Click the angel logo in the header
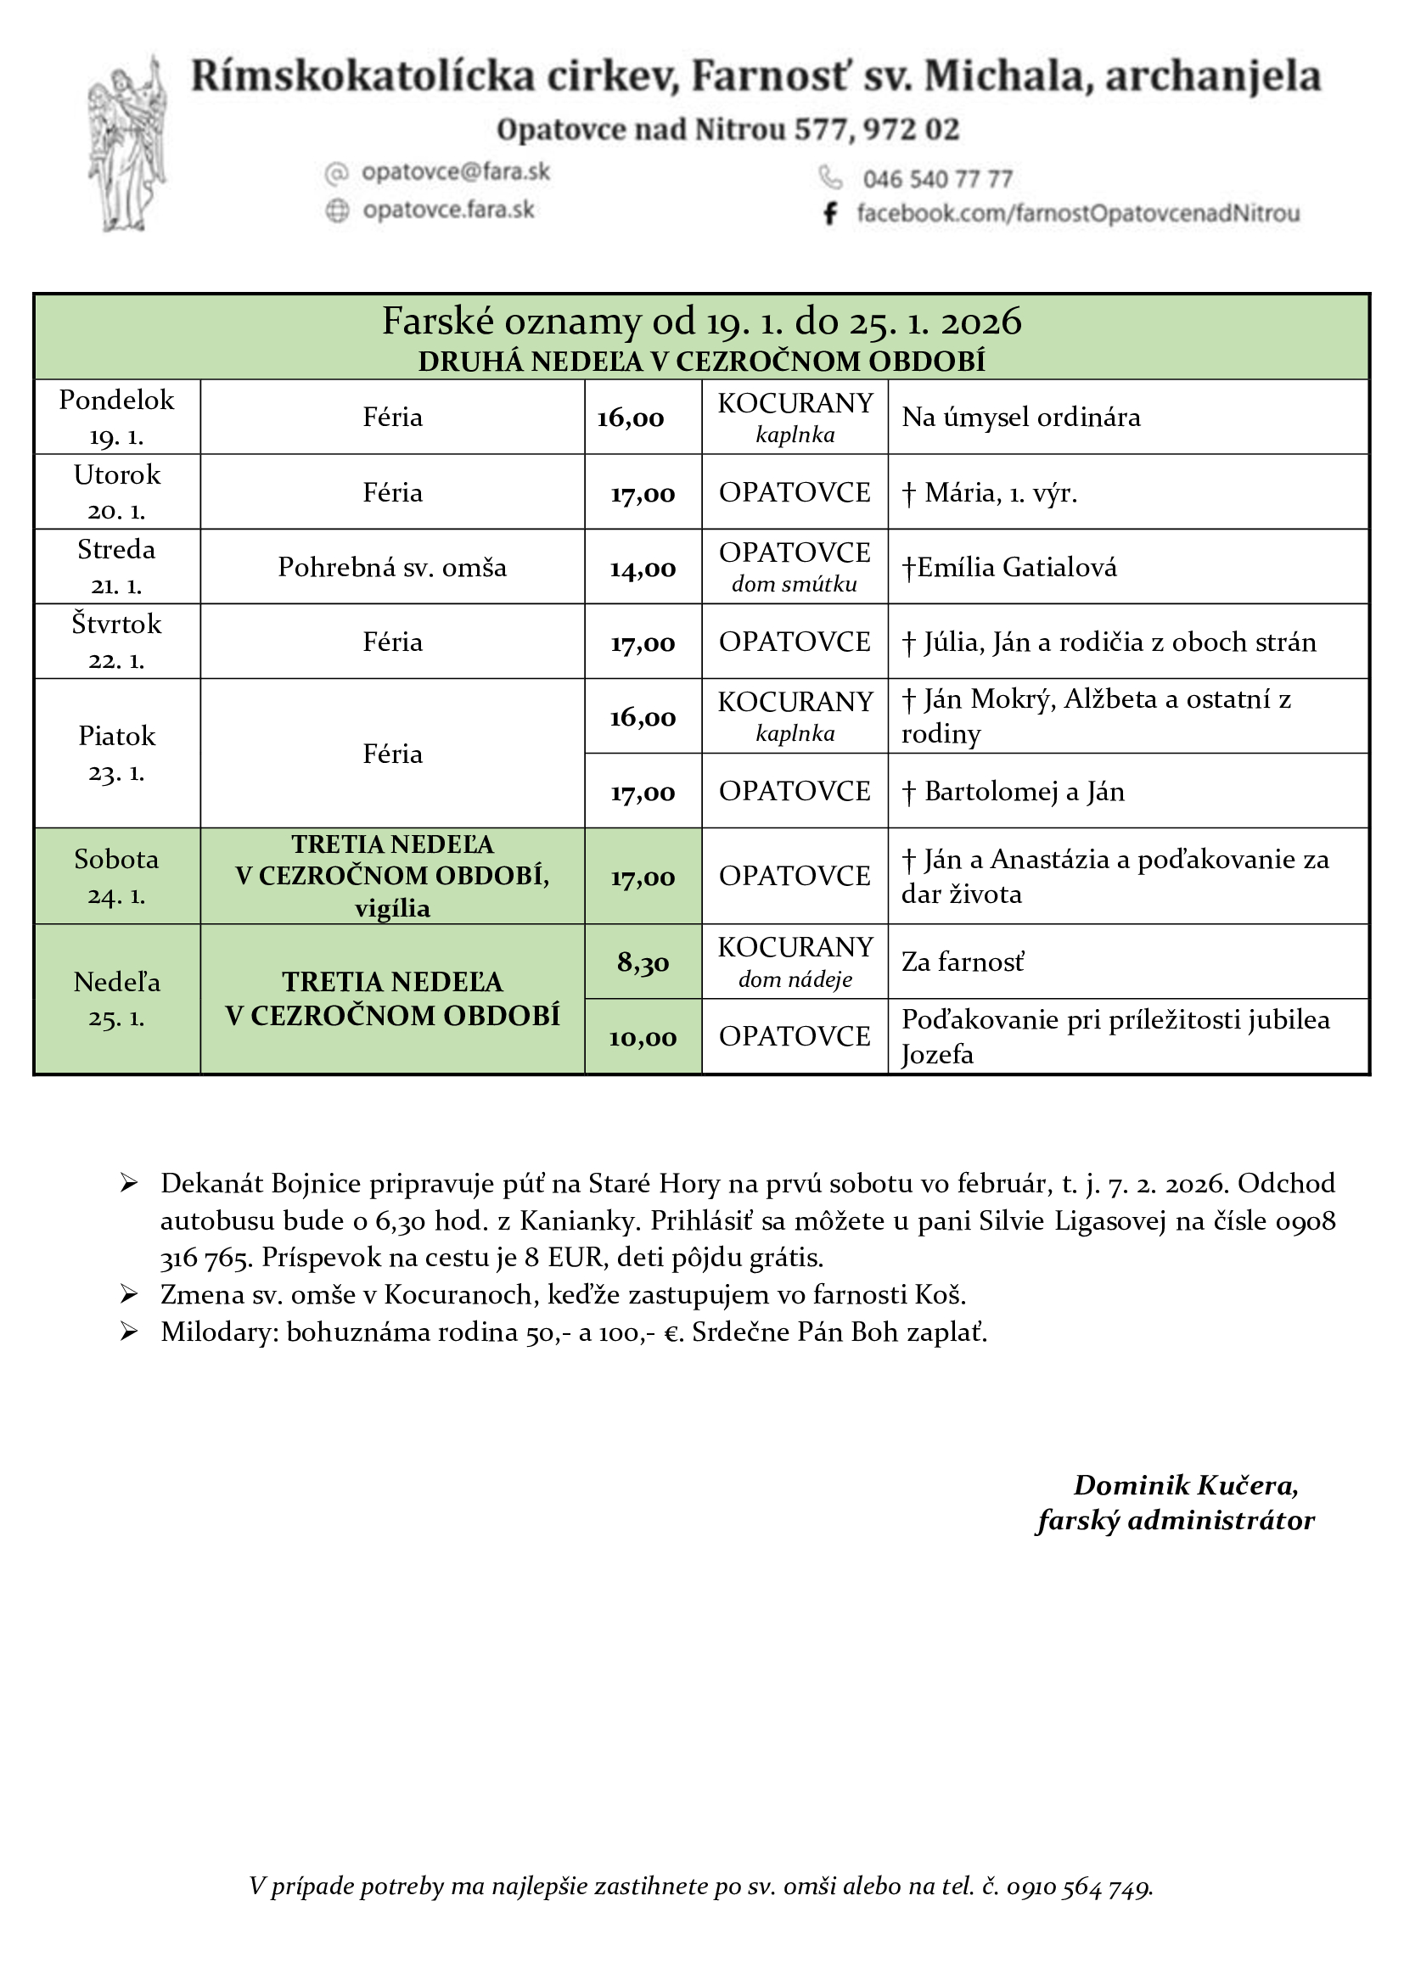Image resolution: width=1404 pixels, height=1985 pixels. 128,143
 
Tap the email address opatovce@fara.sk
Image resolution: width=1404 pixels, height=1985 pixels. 456,172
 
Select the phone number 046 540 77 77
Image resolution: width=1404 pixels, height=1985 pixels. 937,179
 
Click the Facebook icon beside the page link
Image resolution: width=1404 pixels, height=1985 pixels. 830,213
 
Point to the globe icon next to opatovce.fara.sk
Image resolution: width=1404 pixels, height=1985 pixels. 337,210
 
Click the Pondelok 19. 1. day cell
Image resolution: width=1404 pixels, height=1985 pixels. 116,417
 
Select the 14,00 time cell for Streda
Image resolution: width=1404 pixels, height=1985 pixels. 643,568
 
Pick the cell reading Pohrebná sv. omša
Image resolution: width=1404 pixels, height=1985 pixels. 391,567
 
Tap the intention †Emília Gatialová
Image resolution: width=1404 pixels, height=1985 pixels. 1009,567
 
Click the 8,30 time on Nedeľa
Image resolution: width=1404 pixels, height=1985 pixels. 643,962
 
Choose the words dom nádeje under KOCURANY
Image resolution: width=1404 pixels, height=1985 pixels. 795,978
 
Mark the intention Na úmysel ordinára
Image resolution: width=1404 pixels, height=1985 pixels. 1021,417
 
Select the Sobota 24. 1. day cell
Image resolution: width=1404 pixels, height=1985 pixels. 116,876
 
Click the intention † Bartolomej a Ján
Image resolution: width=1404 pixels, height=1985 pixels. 1014,791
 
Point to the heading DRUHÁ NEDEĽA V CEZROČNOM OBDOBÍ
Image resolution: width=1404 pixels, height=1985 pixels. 701,362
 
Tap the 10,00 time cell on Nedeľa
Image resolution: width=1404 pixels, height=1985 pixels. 643,1036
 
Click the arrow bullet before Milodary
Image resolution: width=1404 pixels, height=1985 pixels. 130,1332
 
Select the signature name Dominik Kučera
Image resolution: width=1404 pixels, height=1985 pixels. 1185,1484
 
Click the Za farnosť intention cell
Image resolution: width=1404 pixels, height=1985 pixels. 963,962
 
